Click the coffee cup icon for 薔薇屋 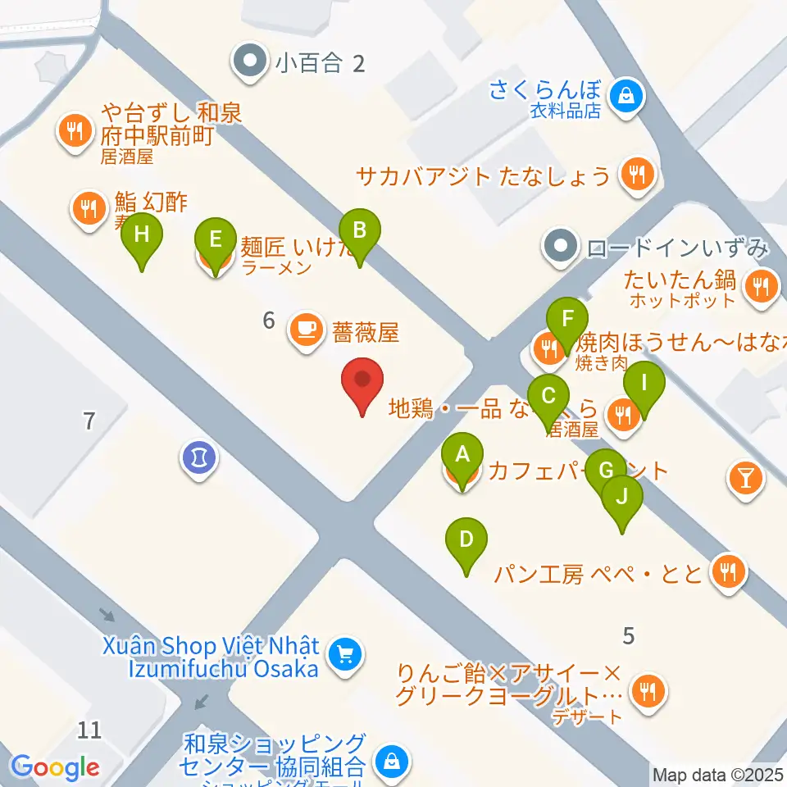pyautogui.click(x=307, y=331)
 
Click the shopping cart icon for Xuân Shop pyautogui.click(x=344, y=654)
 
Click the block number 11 pyautogui.click(x=90, y=729)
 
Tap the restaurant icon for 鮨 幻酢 pyautogui.click(x=86, y=208)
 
